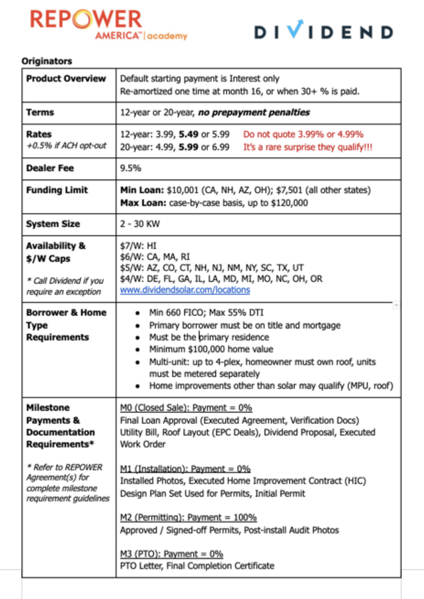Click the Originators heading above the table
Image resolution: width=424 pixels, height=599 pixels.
(x=47, y=61)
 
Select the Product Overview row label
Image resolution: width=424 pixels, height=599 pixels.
(x=66, y=79)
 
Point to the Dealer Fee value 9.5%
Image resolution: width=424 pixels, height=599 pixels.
(x=130, y=168)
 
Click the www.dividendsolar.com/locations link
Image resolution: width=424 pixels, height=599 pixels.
(x=185, y=290)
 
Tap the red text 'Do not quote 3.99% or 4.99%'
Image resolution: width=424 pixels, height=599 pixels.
(x=303, y=134)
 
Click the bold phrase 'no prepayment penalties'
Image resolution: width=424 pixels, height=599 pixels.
(x=254, y=113)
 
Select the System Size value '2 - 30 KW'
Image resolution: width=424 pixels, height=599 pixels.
(x=140, y=224)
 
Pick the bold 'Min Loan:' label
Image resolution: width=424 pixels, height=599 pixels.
(x=142, y=190)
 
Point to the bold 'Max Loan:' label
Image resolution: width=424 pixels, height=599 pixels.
(x=143, y=203)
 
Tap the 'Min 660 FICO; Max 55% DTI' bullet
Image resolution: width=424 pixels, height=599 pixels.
(x=206, y=313)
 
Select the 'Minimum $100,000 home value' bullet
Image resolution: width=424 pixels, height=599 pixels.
(x=211, y=349)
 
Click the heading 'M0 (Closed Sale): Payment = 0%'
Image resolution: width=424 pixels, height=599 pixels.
(x=186, y=408)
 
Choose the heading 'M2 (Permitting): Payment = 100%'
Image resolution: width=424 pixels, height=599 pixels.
(x=188, y=518)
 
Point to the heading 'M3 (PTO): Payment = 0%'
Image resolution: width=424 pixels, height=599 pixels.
(x=171, y=554)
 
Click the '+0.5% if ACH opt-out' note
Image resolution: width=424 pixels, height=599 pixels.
(x=66, y=146)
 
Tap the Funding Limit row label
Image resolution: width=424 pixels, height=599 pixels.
(x=57, y=190)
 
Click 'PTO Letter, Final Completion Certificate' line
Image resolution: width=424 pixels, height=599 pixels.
(x=197, y=566)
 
